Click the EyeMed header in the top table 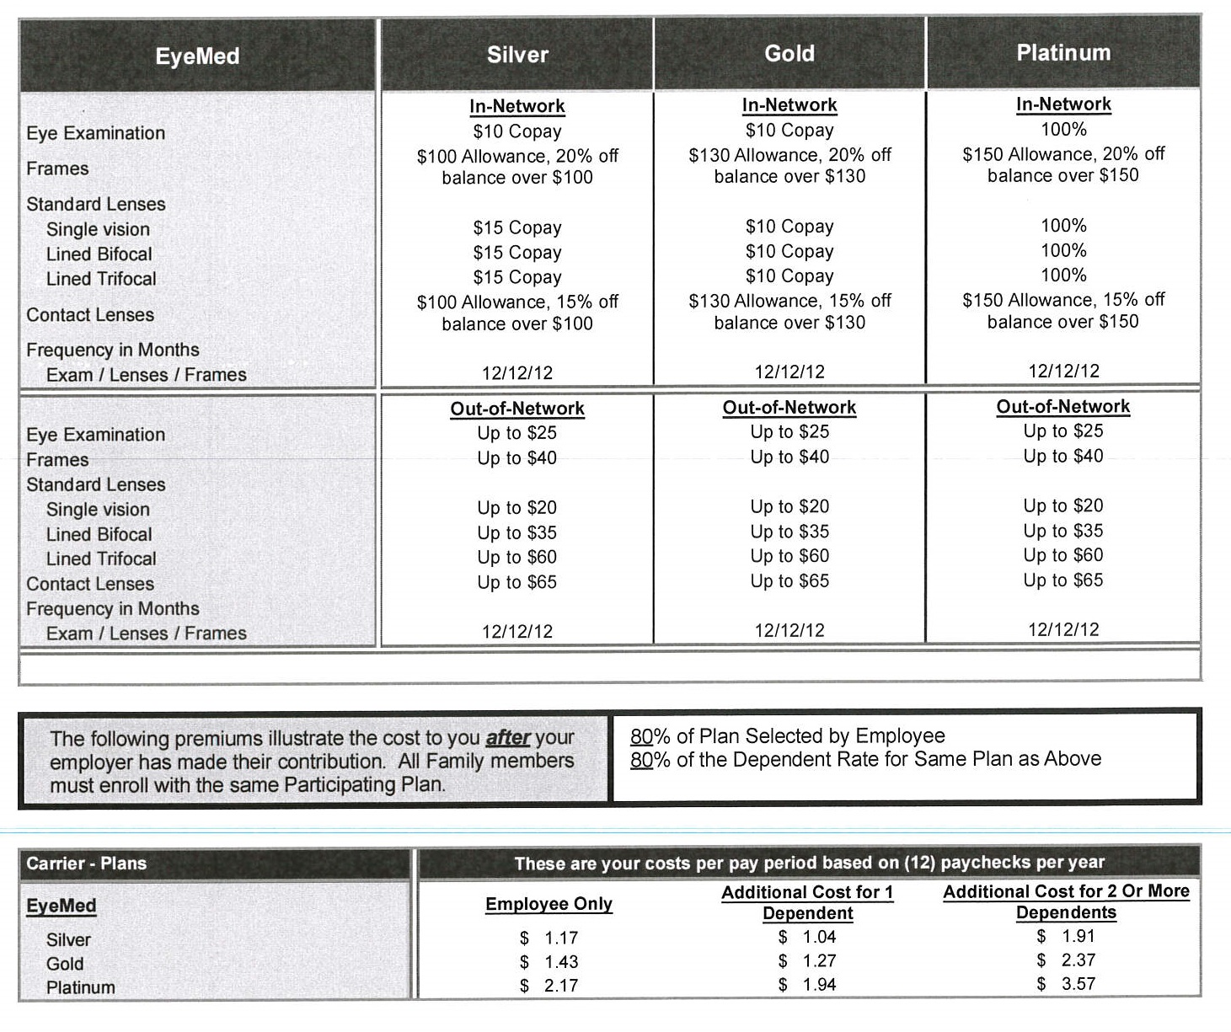pyautogui.click(x=197, y=56)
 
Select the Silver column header pyautogui.click(x=517, y=55)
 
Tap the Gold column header pyautogui.click(x=789, y=54)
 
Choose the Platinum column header pyautogui.click(x=1063, y=53)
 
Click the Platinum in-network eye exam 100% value pyautogui.click(x=1063, y=130)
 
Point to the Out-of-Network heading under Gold pyautogui.click(x=789, y=408)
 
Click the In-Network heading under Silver pyautogui.click(x=517, y=106)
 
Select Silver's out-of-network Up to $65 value pyautogui.click(x=517, y=582)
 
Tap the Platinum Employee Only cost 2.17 pyautogui.click(x=560, y=986)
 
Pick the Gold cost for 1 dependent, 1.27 pyautogui.click(x=818, y=961)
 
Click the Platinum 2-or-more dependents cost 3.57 pyautogui.click(x=1078, y=984)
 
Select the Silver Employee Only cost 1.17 pyautogui.click(x=560, y=938)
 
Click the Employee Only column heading pyautogui.click(x=549, y=904)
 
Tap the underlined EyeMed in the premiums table pyautogui.click(x=62, y=906)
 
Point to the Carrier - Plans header pyautogui.click(x=87, y=864)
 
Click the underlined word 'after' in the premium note pyautogui.click(x=508, y=738)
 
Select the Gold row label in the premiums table pyautogui.click(x=65, y=964)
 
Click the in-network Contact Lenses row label pyautogui.click(x=90, y=315)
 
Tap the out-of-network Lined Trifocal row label pyautogui.click(x=101, y=559)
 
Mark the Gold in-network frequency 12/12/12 pyautogui.click(x=789, y=372)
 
